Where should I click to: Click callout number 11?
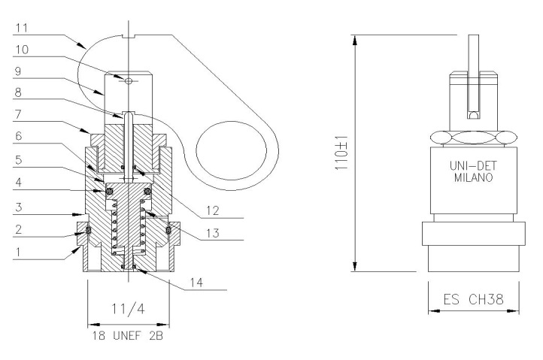(x=22, y=28)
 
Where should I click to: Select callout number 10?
(x=22, y=50)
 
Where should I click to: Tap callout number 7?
(x=18, y=114)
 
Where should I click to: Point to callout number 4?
(x=19, y=182)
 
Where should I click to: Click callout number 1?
(x=18, y=252)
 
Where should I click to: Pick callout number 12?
(x=213, y=210)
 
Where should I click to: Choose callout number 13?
(x=213, y=233)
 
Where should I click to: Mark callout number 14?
(x=196, y=283)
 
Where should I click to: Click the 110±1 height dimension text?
(x=341, y=153)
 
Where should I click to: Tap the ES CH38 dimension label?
(x=473, y=299)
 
